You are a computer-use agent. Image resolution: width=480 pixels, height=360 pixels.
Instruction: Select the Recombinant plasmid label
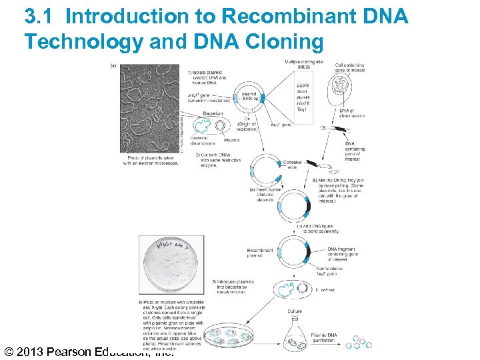[259, 253]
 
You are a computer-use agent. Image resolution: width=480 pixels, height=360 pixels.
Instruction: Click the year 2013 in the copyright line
[37, 352]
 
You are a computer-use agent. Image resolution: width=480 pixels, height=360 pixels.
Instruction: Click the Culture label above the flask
[294, 311]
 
